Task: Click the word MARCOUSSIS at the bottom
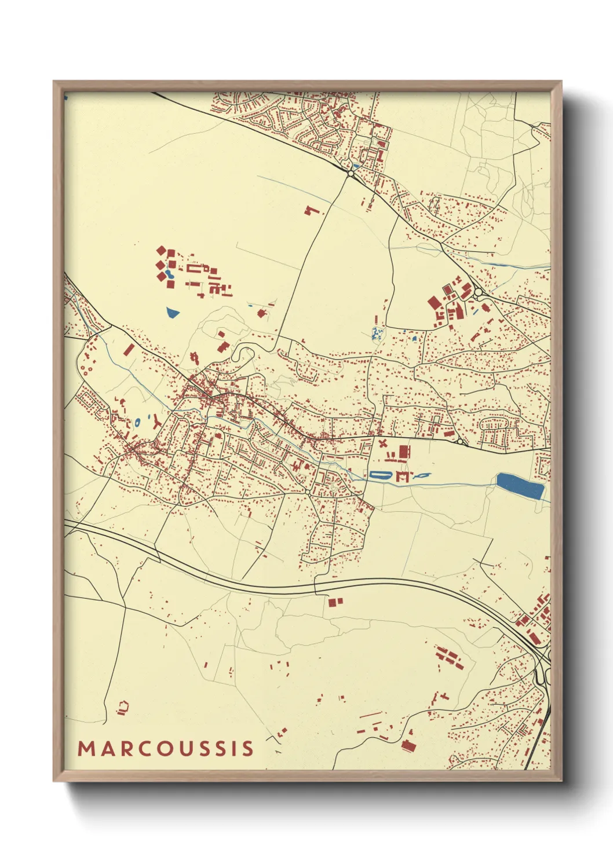(166, 748)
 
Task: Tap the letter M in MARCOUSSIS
(86, 748)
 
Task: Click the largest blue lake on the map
(520, 485)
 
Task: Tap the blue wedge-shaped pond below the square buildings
(173, 313)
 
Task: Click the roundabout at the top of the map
(351, 173)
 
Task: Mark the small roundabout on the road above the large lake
(460, 442)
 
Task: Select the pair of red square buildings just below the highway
(335, 602)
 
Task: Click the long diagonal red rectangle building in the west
(129, 350)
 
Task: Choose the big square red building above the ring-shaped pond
(404, 451)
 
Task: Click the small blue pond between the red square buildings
(167, 274)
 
